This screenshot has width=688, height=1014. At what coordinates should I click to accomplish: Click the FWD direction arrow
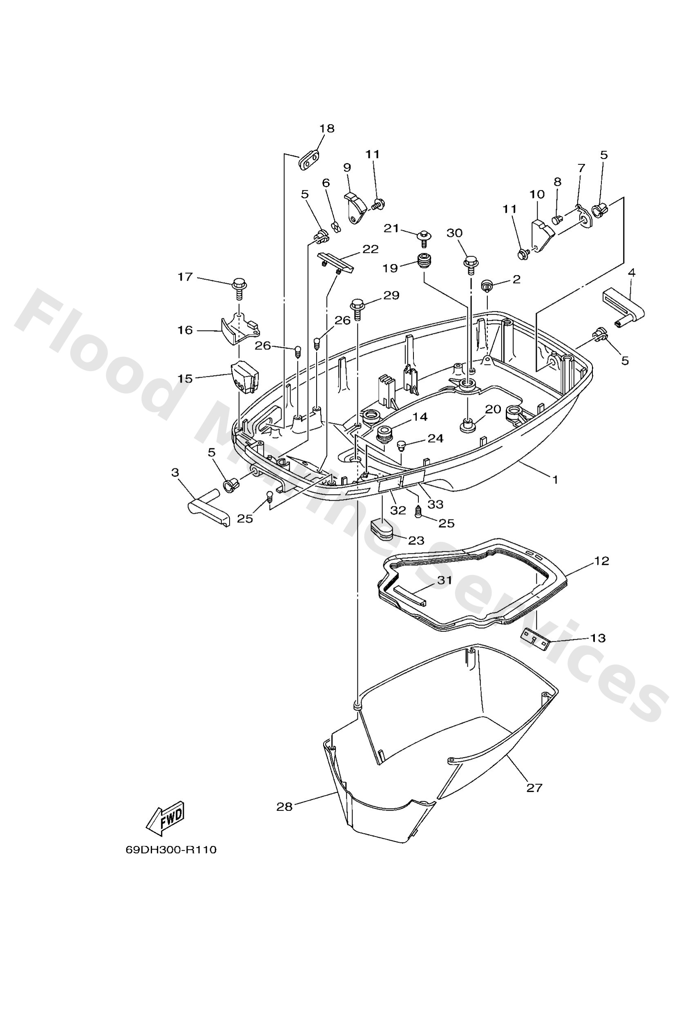point(165,818)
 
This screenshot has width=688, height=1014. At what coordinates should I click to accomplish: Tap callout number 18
point(327,128)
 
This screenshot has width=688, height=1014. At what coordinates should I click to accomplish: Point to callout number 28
point(284,807)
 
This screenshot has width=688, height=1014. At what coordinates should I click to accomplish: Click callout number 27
point(534,788)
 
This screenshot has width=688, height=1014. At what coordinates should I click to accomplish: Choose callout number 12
point(601,561)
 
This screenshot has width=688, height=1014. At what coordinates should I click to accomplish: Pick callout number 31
point(445,580)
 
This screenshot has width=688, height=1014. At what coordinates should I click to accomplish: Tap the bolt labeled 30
point(470,264)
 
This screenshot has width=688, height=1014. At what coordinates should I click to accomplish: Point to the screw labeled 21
point(423,237)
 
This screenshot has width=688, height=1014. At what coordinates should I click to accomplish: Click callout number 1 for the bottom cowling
point(555,479)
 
